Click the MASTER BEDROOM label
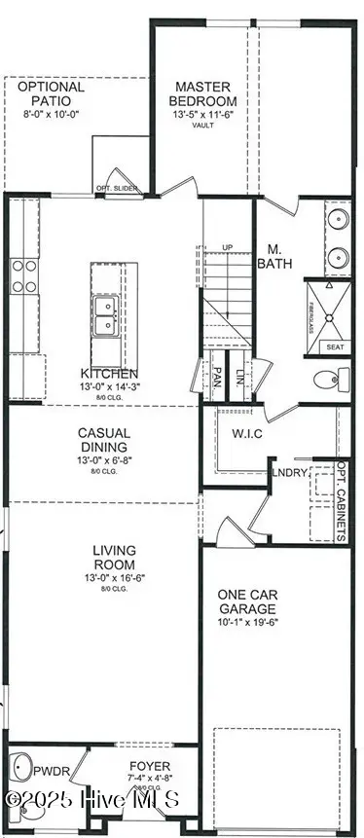pyautogui.click(x=203, y=93)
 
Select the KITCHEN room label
pyautogui.click(x=109, y=374)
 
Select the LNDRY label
pyautogui.click(x=294, y=474)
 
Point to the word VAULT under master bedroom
pyautogui.click(x=203, y=125)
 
